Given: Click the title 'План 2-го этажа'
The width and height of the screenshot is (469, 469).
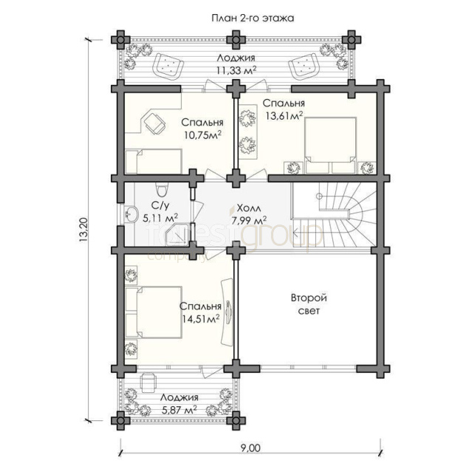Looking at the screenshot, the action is [x=253, y=18].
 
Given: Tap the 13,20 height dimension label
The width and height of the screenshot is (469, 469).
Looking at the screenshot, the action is [x=83, y=230].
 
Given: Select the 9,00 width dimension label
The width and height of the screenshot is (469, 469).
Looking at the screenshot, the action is [x=250, y=448].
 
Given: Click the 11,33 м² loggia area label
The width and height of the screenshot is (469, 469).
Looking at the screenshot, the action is [x=236, y=70].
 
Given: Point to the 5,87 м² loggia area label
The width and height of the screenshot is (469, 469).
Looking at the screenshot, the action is [x=179, y=409].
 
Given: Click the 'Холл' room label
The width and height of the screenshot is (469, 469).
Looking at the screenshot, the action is [x=249, y=208].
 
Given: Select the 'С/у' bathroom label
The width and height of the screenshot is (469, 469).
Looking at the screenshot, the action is [x=160, y=205].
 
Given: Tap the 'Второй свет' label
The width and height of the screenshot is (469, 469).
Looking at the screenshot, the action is [x=309, y=304].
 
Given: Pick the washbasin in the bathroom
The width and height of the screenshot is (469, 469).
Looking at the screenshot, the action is [x=131, y=214].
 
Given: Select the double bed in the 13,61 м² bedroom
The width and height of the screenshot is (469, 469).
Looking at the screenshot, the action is [x=330, y=146].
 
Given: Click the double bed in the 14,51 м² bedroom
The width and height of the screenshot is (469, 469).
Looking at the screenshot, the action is [x=154, y=312].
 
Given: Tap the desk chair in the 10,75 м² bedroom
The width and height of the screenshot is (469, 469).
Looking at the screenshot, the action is [x=154, y=123].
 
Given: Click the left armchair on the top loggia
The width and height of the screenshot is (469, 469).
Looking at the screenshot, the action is [x=168, y=66].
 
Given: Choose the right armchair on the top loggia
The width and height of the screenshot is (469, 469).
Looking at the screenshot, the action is [x=303, y=66].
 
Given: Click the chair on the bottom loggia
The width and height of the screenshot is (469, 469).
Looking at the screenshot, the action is [x=148, y=383].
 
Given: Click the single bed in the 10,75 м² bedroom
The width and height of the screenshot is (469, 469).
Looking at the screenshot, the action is [x=154, y=162].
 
